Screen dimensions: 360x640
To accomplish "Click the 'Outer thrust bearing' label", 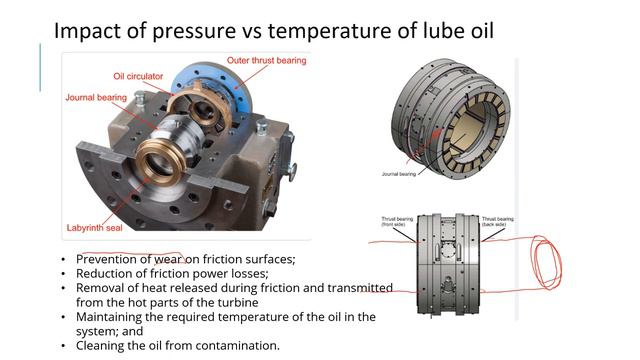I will click(266, 60).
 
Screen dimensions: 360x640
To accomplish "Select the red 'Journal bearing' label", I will click(94, 98).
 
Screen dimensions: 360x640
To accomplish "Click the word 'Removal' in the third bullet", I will click(101, 288).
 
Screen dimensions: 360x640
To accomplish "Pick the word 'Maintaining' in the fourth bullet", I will click(113, 317).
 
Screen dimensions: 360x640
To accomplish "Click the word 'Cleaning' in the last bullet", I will click(103, 345).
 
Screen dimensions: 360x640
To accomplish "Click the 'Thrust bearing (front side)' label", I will click(396, 219).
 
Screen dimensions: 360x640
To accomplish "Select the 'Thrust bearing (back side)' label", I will click(496, 219).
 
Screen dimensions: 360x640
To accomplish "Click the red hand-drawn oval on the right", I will click(548, 262).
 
